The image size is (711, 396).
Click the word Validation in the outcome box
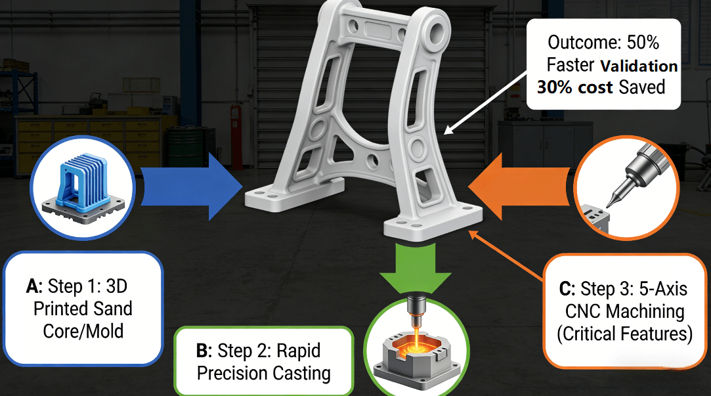pyautogui.click(x=639, y=66)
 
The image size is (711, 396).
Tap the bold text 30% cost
pyautogui.click(x=574, y=87)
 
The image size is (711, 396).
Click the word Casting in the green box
pyautogui.click(x=298, y=373)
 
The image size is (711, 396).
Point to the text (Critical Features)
pyautogui.click(x=624, y=334)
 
